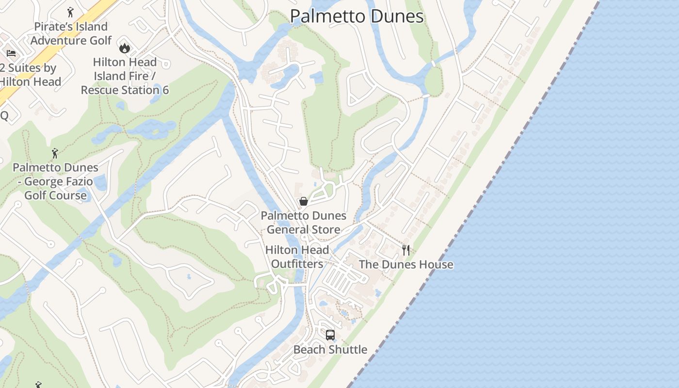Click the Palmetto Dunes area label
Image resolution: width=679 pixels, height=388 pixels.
coord(357,16)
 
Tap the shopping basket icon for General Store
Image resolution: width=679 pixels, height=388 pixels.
coord(304,201)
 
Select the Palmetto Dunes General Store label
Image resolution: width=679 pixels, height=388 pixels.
coord(304,223)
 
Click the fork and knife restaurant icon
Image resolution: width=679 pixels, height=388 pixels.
coord(406,250)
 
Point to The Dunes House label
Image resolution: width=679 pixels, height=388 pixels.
coord(406,264)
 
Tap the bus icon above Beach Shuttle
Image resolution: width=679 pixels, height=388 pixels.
coord(330,335)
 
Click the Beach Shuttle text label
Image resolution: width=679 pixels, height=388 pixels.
coord(330,350)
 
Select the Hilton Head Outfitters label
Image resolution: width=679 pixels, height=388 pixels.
coord(297,257)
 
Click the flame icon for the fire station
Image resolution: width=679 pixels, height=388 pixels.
coord(125,48)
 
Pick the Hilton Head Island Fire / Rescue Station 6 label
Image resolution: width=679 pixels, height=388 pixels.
coord(125,76)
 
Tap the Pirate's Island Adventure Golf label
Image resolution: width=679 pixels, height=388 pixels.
coord(71,33)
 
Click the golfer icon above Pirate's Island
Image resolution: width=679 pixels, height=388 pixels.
coord(70,12)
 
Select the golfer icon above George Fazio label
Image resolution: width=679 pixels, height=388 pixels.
coord(55,154)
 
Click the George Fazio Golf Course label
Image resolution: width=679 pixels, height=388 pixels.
coord(56,181)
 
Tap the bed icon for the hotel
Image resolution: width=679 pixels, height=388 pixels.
coord(11,53)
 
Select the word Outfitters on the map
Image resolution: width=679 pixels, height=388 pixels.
coord(297,264)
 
